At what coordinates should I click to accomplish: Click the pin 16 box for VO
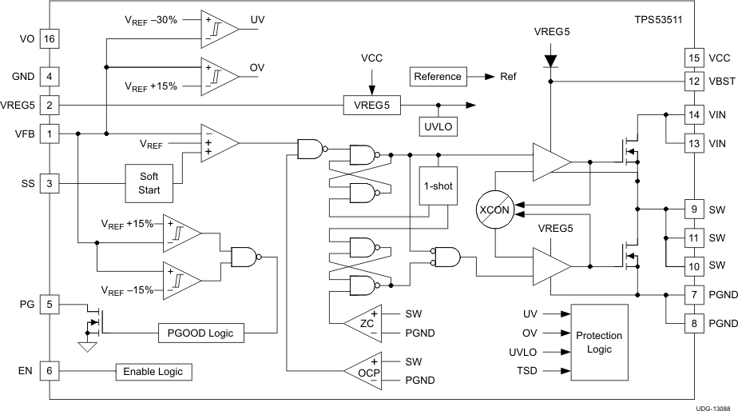pyautogui.click(x=50, y=38)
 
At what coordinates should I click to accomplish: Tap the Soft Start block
pyautogui.click(x=149, y=183)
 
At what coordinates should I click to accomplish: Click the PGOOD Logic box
pyautogui.click(x=200, y=333)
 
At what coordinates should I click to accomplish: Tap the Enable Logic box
pyautogui.click(x=153, y=372)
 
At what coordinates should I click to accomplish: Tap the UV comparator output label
pyautogui.click(x=258, y=20)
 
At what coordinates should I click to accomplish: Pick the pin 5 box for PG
pyautogui.click(x=50, y=304)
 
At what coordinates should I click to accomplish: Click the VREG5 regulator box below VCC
pyautogui.click(x=372, y=105)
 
